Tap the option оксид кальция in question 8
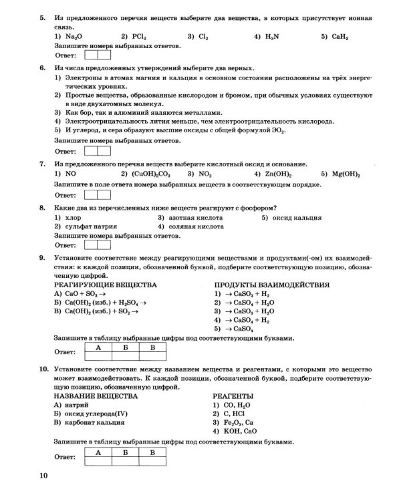click(x=297, y=218)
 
